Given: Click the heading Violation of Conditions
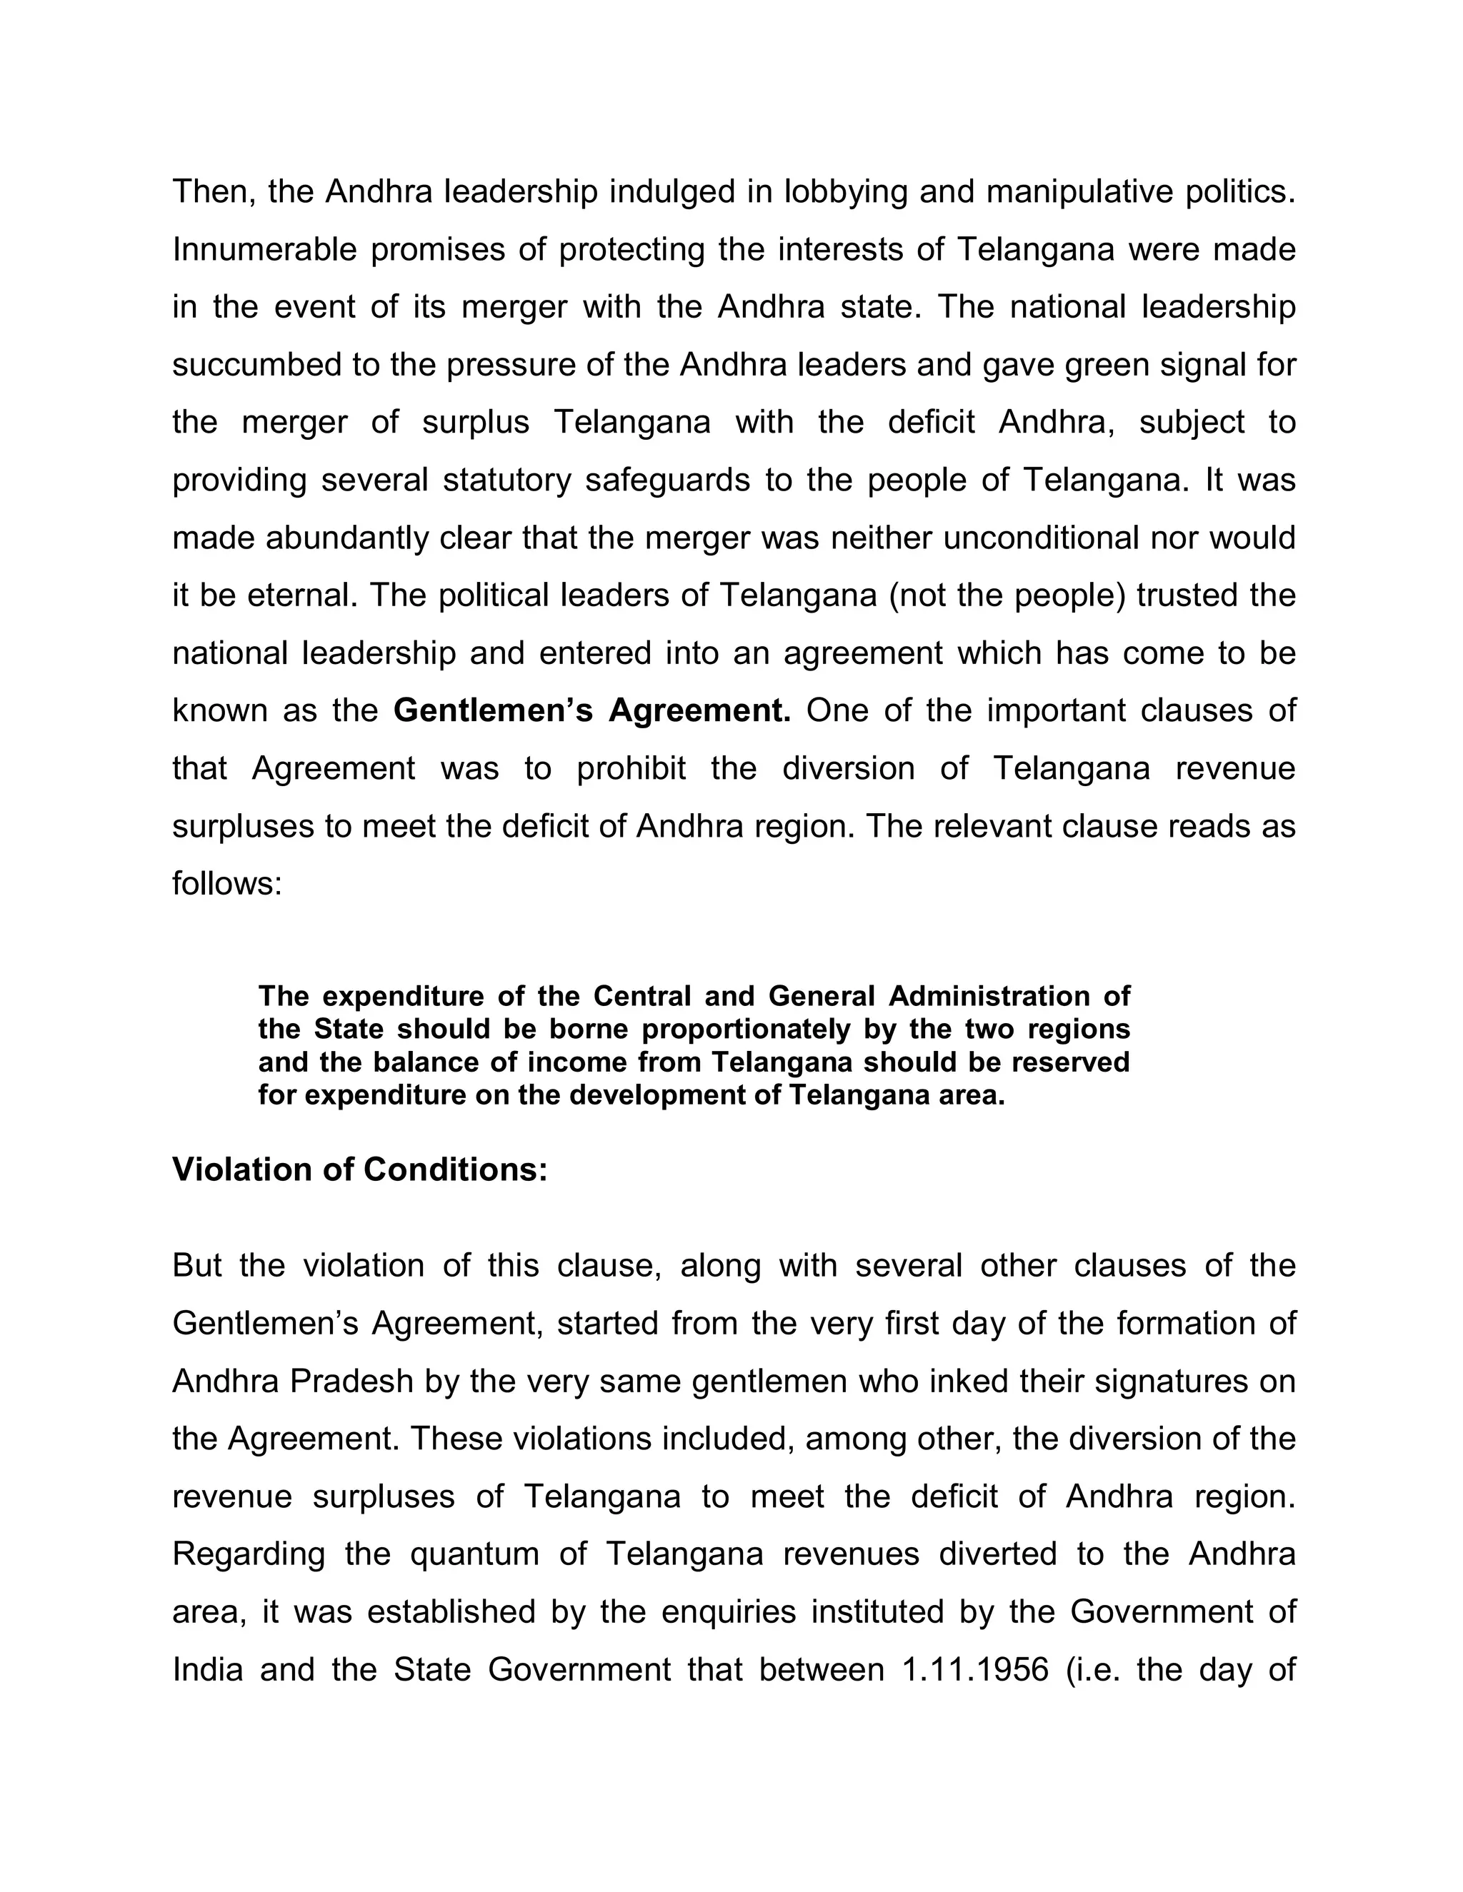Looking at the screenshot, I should pyautogui.click(x=360, y=1169).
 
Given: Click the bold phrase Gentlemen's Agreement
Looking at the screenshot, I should pyautogui.click(x=592, y=710).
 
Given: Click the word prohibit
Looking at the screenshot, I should pyautogui.click(x=631, y=768).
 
